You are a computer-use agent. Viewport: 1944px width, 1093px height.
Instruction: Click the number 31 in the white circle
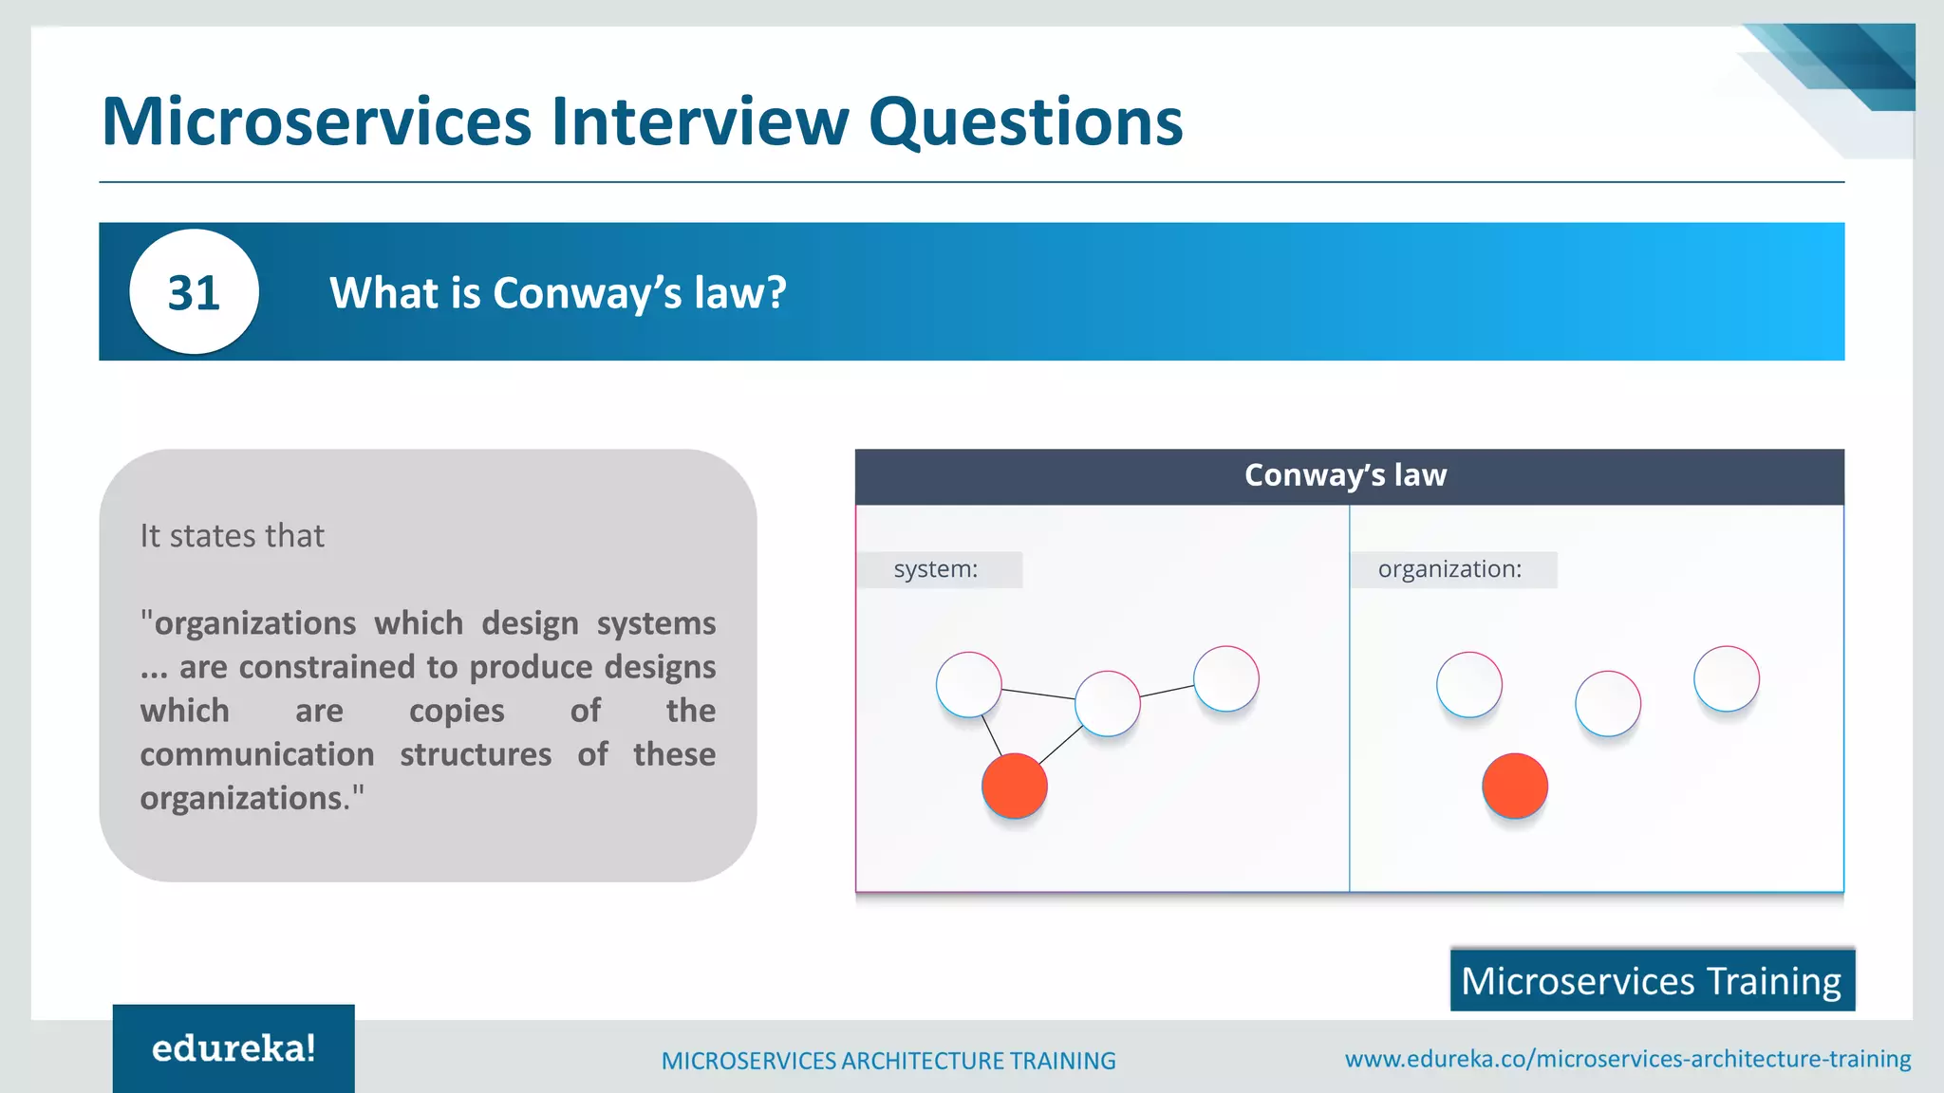pos(194,293)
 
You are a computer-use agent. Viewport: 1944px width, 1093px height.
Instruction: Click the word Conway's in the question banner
pos(587,293)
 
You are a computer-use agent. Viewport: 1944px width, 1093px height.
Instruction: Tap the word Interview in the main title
pos(700,122)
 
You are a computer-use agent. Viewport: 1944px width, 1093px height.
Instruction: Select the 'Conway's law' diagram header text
pos(1345,475)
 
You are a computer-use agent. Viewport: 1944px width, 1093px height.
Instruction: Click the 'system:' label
pos(936,569)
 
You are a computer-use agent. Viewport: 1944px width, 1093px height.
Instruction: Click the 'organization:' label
pos(1449,569)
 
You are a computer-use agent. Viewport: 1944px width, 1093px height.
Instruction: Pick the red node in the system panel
pos(1015,786)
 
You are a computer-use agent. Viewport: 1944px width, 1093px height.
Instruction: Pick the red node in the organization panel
pos(1515,786)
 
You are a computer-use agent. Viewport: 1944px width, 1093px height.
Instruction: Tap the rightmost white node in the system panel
pos(1226,678)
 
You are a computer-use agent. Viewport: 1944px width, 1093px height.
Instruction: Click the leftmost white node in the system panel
pos(968,684)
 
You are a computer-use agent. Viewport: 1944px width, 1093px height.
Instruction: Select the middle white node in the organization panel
pos(1608,703)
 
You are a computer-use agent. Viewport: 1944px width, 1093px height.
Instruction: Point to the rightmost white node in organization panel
pos(1727,678)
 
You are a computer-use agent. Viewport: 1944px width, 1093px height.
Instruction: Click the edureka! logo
pos(234,1048)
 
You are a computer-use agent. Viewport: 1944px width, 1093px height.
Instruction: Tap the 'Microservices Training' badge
pos(1652,981)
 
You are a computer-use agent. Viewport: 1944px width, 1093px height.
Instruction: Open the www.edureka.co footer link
pos(1627,1059)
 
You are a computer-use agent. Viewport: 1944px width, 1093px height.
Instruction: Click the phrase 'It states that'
pos(233,536)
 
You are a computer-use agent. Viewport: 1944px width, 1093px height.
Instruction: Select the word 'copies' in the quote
pos(457,711)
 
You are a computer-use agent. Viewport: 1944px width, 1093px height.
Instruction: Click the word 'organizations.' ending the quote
pos(252,798)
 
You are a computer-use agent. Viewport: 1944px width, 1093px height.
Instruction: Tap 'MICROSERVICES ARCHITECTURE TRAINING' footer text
pos(888,1061)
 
